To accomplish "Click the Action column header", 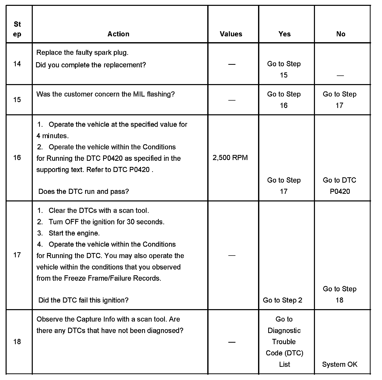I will (118, 34).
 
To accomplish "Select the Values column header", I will (231, 34).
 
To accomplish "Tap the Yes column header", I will (284, 34).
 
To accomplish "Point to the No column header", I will (341, 34).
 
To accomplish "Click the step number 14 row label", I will (17, 64).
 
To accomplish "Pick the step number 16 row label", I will (17, 158).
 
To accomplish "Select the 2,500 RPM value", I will (230, 158).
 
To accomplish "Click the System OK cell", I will (340, 364).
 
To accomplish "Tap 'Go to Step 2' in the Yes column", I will (282, 300).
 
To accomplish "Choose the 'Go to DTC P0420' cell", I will (340, 186).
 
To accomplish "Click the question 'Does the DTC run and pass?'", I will (84, 191).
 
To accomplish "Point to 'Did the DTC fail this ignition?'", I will (83, 300).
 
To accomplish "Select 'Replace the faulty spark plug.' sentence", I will (82, 53).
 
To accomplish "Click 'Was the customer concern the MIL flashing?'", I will (105, 94).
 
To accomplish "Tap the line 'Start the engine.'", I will (74, 233).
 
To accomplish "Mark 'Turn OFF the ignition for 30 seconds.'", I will (106, 222).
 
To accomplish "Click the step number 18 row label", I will (17, 342).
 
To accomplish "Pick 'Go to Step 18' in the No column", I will (340, 294).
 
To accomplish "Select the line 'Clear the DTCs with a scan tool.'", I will (99, 211).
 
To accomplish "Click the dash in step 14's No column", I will (340, 75).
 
